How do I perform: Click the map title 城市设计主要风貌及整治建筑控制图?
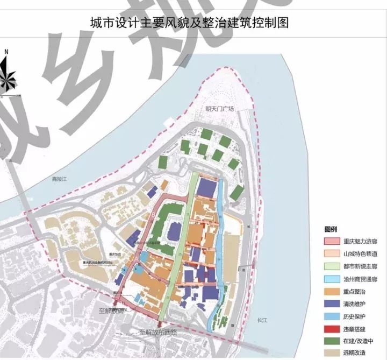click(193, 23)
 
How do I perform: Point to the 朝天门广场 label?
click(220, 109)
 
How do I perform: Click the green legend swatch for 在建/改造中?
click(332, 341)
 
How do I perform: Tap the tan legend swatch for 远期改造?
click(332, 353)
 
